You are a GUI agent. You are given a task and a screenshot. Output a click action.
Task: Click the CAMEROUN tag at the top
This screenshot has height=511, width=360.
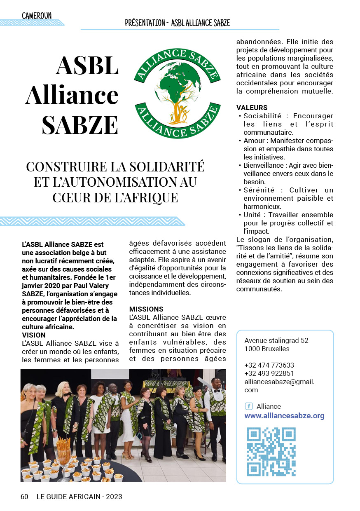click(37, 16)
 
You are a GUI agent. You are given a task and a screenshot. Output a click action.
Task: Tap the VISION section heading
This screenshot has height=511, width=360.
click(34, 335)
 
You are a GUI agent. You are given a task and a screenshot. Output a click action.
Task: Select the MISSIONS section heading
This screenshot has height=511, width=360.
click(146, 309)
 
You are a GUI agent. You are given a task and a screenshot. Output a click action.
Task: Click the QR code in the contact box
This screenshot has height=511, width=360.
click(271, 452)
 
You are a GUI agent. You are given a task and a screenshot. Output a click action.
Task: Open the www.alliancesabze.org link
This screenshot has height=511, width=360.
click(284, 416)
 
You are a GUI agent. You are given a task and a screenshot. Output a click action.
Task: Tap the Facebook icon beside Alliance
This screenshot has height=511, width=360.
click(249, 406)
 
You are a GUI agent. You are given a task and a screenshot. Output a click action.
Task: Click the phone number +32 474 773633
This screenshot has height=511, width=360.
click(269, 365)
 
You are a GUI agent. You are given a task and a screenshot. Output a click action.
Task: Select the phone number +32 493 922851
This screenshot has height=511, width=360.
click(269, 373)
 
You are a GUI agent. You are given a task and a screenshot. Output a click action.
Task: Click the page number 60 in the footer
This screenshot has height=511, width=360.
click(24, 497)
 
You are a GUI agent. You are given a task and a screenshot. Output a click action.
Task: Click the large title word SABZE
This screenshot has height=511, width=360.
click(80, 125)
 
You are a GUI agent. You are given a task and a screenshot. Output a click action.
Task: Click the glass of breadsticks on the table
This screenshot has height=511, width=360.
click(64, 453)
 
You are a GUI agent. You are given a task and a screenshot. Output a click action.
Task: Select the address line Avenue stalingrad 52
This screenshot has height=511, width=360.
click(276, 340)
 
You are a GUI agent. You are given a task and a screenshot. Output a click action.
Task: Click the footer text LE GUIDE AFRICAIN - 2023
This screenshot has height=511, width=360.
click(77, 497)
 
